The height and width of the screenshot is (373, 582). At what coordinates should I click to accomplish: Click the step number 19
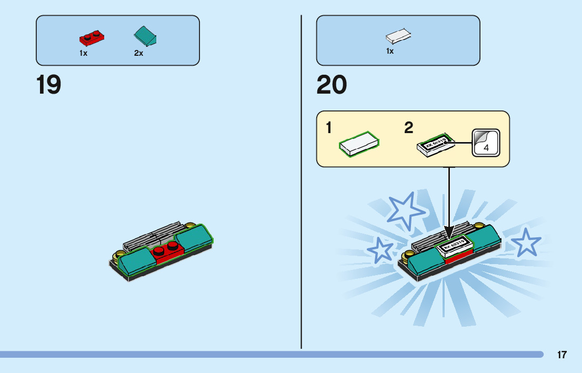coord(49,85)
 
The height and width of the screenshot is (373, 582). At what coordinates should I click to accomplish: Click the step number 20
coord(332,85)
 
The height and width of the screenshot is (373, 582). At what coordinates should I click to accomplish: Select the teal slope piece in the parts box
coord(146,36)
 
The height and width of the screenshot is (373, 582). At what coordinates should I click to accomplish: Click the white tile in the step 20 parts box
coord(398,36)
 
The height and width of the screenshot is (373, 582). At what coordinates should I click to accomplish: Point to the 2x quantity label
coord(139,53)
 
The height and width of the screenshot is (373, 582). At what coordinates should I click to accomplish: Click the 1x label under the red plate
coord(84,53)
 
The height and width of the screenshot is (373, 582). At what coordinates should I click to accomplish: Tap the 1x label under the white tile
coord(390,51)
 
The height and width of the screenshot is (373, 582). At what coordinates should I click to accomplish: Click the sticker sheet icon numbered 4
coord(485,142)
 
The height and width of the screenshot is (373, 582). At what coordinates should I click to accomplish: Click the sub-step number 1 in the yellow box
coord(328,128)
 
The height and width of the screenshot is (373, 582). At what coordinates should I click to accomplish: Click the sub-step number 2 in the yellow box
coord(409,128)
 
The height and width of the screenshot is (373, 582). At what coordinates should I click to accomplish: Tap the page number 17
coord(562,355)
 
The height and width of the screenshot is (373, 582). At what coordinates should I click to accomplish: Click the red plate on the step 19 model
coord(167,250)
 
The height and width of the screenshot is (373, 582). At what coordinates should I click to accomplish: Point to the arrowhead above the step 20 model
coord(449,232)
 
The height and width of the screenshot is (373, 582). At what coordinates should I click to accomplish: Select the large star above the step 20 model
coord(406,210)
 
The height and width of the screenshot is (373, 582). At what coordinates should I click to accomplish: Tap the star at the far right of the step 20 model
coord(525,243)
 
